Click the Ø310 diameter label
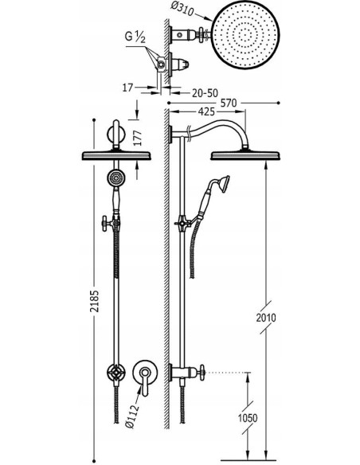tap(182, 10)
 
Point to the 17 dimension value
tap(127, 88)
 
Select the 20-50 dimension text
tap(205, 93)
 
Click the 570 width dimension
tap(229, 103)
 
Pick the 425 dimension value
tap(206, 111)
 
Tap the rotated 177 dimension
tap(138, 138)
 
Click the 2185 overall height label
tap(94, 301)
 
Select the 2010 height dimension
tap(266, 318)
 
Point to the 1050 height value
tap(248, 418)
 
